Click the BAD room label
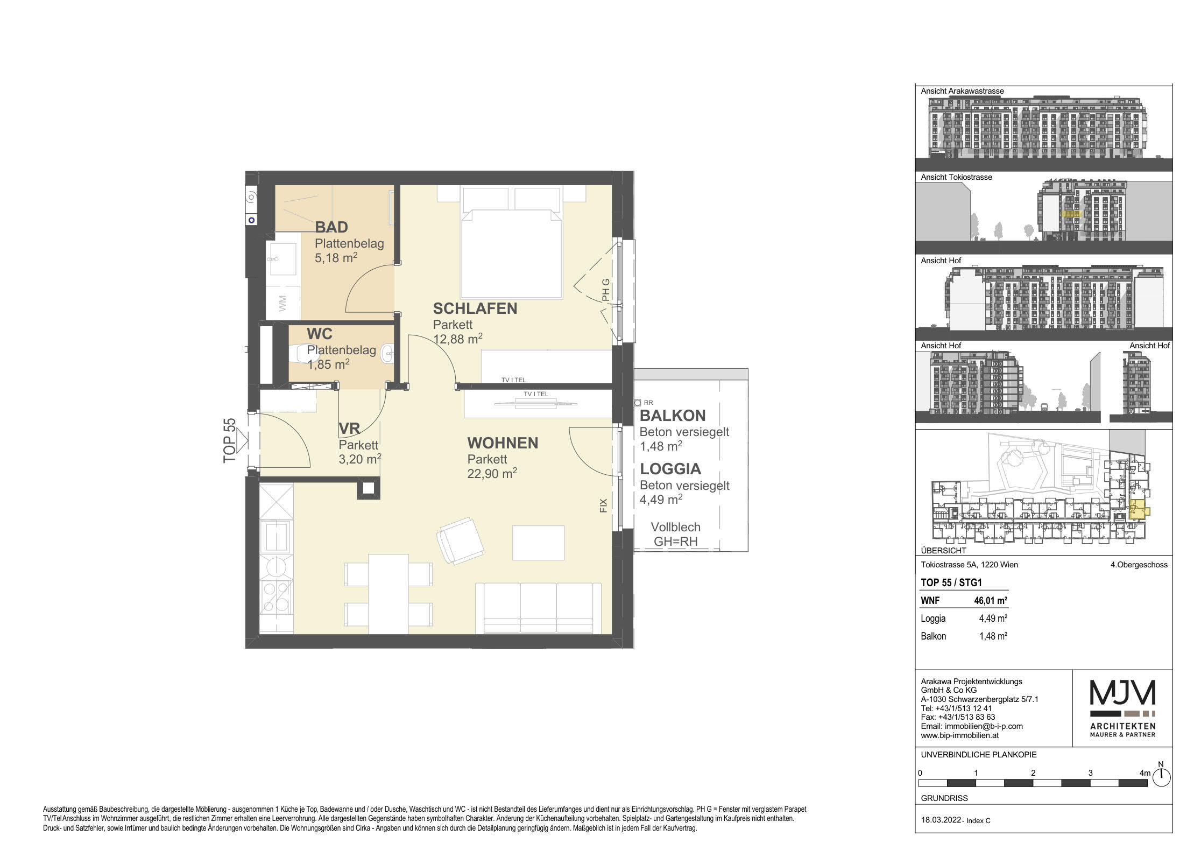(x=331, y=228)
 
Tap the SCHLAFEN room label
(x=475, y=308)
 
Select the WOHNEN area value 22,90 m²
(x=492, y=473)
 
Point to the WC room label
(x=320, y=334)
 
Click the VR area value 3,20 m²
(x=360, y=459)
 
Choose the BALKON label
(x=673, y=416)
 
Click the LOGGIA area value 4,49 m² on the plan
(x=661, y=500)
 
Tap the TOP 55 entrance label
(x=230, y=440)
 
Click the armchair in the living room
(x=461, y=540)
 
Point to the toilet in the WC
(x=303, y=355)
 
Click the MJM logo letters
(x=1122, y=692)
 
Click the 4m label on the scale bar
(x=1145, y=773)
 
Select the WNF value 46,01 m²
(x=991, y=600)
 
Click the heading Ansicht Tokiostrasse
(x=956, y=177)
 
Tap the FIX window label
(x=603, y=505)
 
